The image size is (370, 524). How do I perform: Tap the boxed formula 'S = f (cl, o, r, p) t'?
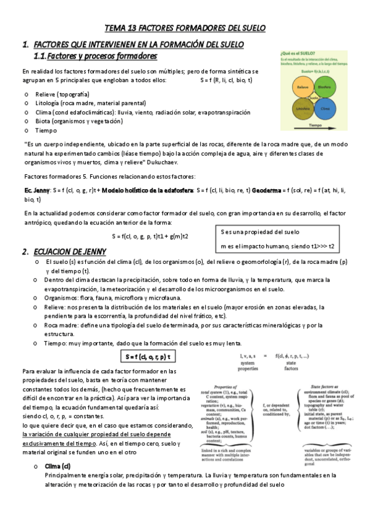point(148,357)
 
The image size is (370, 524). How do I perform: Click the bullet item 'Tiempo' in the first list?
point(46,130)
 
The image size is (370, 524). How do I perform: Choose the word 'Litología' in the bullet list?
point(51,103)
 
